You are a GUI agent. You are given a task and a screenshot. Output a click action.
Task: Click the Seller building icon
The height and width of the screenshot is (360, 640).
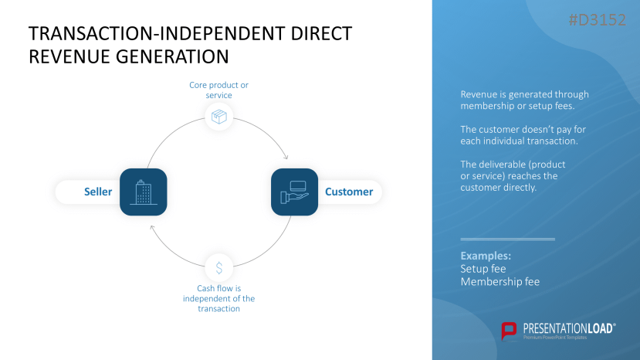[x=144, y=192]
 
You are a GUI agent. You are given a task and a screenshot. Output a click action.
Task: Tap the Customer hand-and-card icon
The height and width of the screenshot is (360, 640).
[x=294, y=192]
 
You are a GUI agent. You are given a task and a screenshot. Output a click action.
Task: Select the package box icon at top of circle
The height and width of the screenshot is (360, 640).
[x=219, y=117]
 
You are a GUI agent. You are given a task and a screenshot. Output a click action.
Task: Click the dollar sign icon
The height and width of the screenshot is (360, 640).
[x=219, y=268]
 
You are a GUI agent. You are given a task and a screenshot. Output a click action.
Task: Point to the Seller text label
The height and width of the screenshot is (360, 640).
[x=98, y=192]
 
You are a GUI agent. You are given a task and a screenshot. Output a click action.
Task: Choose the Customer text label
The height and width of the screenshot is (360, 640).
[x=348, y=192]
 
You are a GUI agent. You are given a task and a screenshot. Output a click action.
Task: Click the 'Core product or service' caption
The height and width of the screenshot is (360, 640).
[x=218, y=90]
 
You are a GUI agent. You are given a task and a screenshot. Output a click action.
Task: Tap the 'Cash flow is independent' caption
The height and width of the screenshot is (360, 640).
[x=218, y=298]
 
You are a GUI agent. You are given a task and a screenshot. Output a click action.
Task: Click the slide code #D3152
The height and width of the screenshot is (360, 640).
[x=597, y=21]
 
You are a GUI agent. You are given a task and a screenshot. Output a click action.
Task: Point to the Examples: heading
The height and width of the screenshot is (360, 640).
[x=486, y=256]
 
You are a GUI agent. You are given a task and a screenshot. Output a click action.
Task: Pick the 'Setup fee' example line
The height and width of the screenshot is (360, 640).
[x=483, y=269]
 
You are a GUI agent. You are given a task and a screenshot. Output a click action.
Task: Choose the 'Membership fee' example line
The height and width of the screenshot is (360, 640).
[x=499, y=282]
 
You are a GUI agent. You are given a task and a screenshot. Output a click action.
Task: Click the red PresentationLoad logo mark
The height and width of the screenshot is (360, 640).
[x=509, y=331]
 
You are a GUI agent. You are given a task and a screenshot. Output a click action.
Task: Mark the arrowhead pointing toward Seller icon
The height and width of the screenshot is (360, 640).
[x=152, y=228]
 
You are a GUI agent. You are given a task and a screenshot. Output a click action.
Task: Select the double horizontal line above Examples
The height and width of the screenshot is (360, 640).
[x=507, y=239]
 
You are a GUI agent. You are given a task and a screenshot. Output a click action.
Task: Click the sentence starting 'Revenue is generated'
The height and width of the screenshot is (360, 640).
[x=524, y=100]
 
